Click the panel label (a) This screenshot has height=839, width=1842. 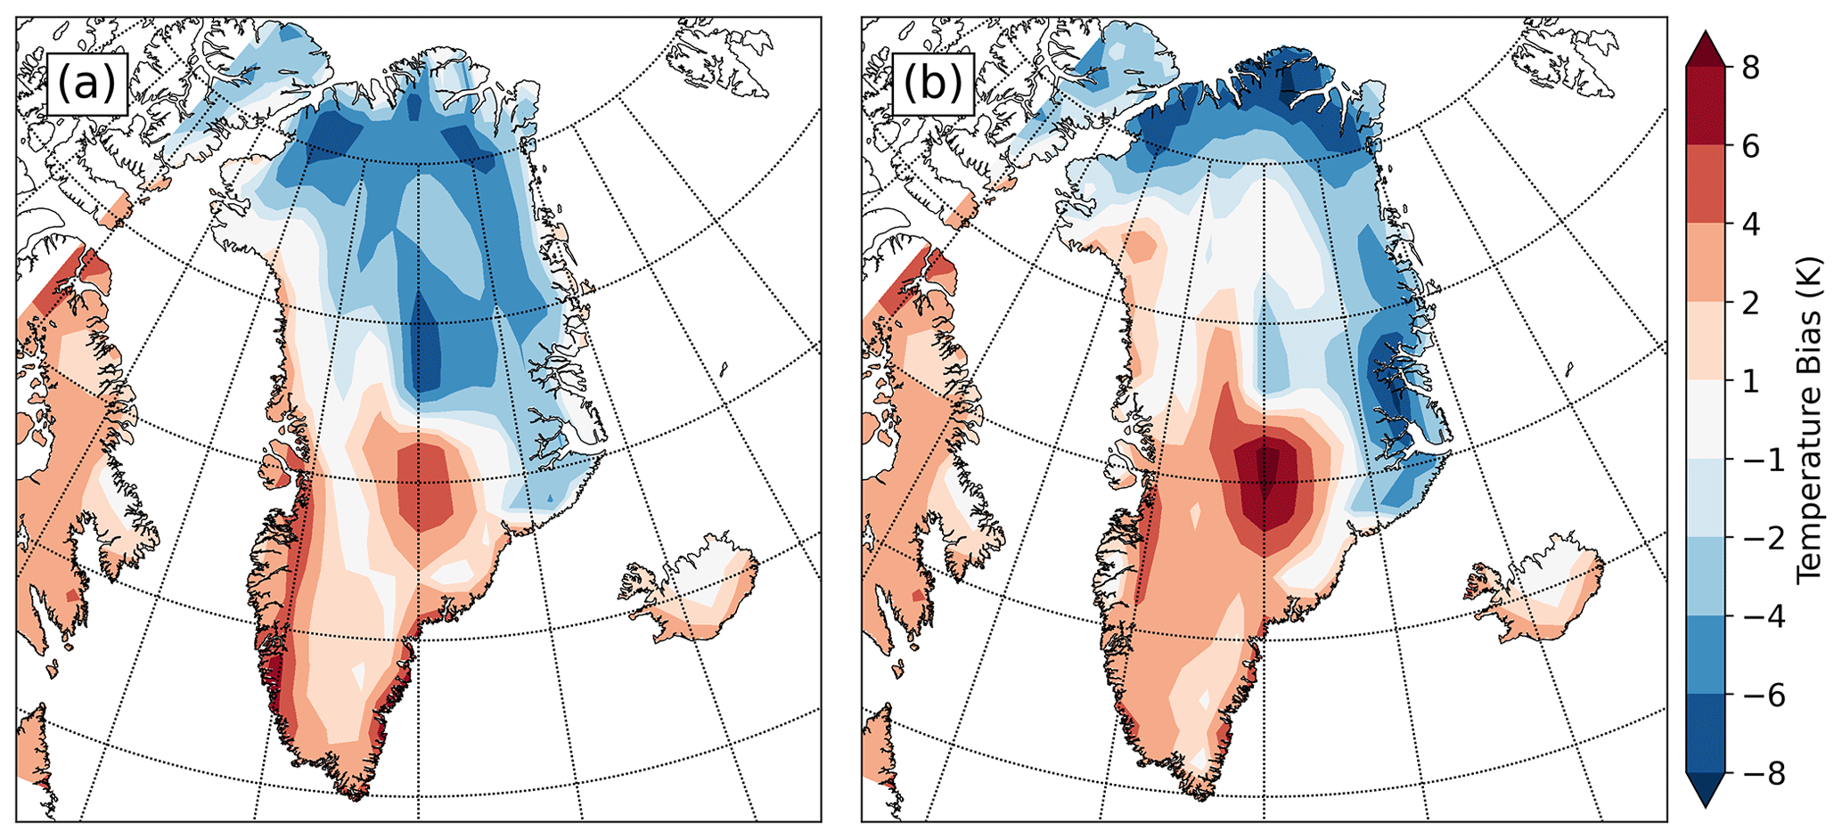pyautogui.click(x=86, y=84)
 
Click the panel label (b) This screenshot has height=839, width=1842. pyautogui.click(x=932, y=84)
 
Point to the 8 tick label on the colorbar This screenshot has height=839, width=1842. pyautogui.click(x=1750, y=69)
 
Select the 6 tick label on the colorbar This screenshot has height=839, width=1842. pyautogui.click(x=1750, y=147)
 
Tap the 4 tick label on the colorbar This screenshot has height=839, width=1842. pyautogui.click(x=1750, y=224)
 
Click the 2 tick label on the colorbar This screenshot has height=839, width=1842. pyautogui.click(x=1750, y=303)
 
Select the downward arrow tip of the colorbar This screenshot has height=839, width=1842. pyautogui.click(x=1707, y=805)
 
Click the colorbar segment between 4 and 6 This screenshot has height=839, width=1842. pyautogui.click(x=1707, y=185)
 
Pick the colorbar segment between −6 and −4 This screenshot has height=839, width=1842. pyautogui.click(x=1707, y=656)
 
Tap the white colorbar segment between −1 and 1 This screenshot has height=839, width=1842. pyautogui.click(x=1707, y=420)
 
